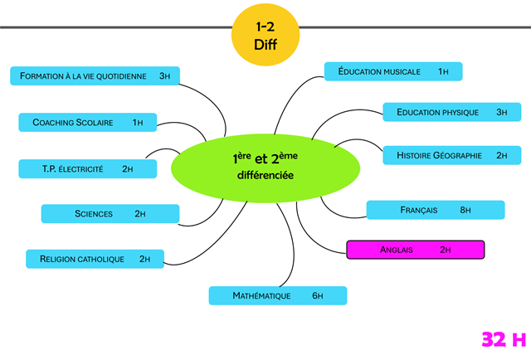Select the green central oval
(x=265, y=166)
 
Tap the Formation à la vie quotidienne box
(x=95, y=75)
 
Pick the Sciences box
(x=110, y=213)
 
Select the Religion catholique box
(x=95, y=259)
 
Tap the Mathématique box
(x=277, y=295)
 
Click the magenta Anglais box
(x=415, y=249)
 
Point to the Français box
(x=436, y=211)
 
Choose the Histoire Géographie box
(x=451, y=155)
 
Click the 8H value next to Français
(x=465, y=211)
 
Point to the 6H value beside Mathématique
(x=317, y=295)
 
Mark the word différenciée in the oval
(x=265, y=177)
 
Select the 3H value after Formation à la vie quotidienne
(x=164, y=75)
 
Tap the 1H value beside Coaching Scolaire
(x=138, y=123)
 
